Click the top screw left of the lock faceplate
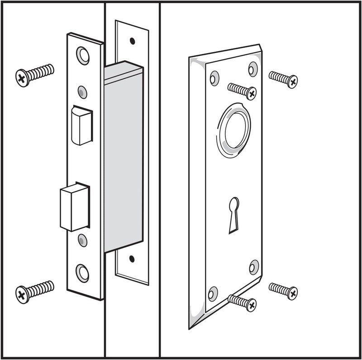[x=34, y=74]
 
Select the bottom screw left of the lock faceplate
[x=34, y=291]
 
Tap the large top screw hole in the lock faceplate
[x=82, y=55]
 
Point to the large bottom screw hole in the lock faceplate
[x=82, y=273]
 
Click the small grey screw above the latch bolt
[x=81, y=92]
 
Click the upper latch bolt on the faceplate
[x=82, y=125]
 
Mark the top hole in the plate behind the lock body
[x=132, y=41]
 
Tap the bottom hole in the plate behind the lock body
[x=132, y=259]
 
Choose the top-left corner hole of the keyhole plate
[x=214, y=77]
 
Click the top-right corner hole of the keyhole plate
[x=253, y=68]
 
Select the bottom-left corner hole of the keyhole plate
[x=213, y=293]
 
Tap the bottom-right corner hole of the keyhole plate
[x=254, y=267]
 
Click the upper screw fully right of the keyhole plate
[x=283, y=79]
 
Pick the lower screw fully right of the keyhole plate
[x=283, y=290]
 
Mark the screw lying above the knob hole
[x=242, y=90]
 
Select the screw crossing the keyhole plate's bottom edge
[x=243, y=302]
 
